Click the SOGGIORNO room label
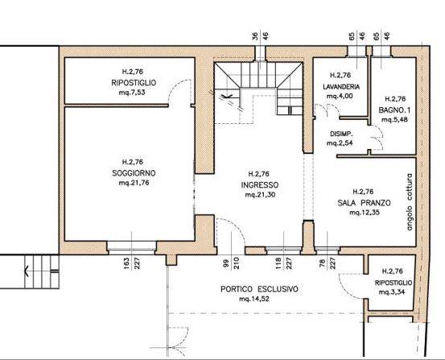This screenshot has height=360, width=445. pyautogui.click(x=134, y=173)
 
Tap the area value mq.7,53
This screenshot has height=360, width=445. pyautogui.click(x=132, y=93)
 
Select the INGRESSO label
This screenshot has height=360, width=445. pyautogui.click(x=260, y=185)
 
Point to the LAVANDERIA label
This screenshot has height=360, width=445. pyautogui.click(x=341, y=87)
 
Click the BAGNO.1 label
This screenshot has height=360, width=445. pyautogui.click(x=394, y=110)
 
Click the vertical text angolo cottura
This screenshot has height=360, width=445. pyautogui.click(x=410, y=202)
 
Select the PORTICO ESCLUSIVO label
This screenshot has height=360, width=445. pyautogui.click(x=259, y=289)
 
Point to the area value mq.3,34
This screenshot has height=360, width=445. pyautogui.click(x=392, y=292)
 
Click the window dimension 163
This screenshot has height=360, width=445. pyautogui.click(x=126, y=263)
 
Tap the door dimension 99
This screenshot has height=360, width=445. pyautogui.click(x=227, y=263)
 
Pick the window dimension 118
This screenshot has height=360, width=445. pyautogui.click(x=278, y=263)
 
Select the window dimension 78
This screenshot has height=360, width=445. pyautogui.click(x=322, y=263)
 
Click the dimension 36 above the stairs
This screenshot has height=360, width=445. pyautogui.click(x=255, y=36)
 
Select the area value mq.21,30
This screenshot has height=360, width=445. pyautogui.click(x=260, y=195)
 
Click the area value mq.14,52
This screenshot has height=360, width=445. pyautogui.click(x=254, y=299)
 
